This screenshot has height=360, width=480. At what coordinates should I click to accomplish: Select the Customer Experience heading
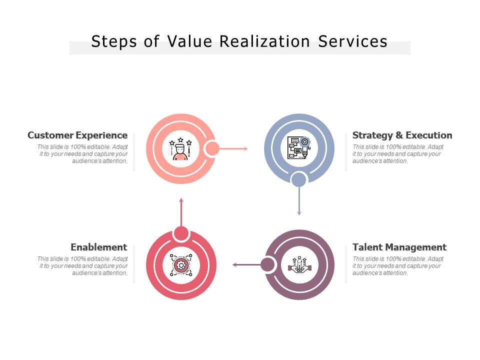(77, 135)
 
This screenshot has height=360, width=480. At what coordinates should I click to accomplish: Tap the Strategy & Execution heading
(402, 135)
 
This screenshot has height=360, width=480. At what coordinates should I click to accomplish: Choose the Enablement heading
(99, 247)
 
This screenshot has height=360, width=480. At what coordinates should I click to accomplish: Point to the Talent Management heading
(399, 247)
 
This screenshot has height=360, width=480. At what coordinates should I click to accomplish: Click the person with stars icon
(180, 149)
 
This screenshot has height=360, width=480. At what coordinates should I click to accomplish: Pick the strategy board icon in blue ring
(299, 148)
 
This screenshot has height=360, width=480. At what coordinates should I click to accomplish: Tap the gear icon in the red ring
(180, 265)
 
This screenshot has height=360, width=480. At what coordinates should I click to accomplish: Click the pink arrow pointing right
(233, 148)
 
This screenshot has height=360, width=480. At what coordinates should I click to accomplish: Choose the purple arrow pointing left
(246, 265)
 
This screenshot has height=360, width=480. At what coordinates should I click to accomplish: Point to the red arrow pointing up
(181, 212)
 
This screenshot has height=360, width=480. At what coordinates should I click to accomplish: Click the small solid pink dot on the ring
(212, 148)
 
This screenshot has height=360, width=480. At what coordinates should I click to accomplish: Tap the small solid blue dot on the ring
(299, 179)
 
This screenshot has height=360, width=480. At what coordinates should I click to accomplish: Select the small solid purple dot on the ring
(268, 264)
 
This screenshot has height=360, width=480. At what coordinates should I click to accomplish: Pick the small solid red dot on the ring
(181, 233)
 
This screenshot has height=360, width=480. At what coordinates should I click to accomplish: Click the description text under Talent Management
(397, 266)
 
